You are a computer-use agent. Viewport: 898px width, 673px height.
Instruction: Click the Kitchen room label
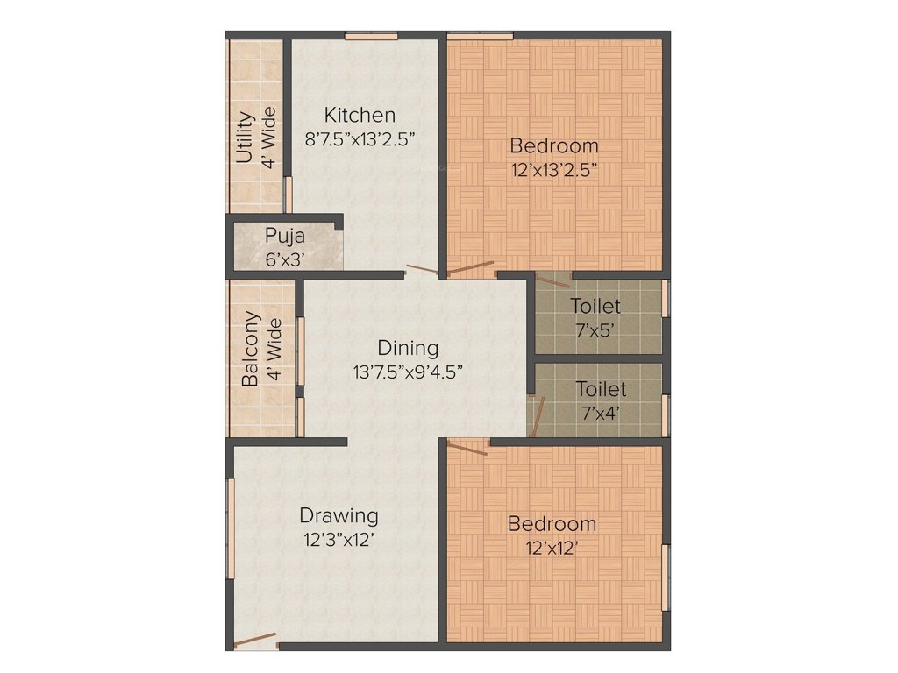click(x=360, y=115)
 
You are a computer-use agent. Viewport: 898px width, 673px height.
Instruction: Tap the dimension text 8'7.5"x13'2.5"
click(x=360, y=138)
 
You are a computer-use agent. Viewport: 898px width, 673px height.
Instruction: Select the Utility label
click(x=246, y=138)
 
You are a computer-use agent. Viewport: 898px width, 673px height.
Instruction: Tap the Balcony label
click(x=251, y=349)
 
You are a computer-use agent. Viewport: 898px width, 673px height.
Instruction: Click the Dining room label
click(x=408, y=348)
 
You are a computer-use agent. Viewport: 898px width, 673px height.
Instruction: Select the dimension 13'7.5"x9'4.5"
click(x=408, y=372)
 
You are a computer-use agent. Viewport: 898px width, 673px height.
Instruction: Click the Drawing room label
click(x=339, y=515)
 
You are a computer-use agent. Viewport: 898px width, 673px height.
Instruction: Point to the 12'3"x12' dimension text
click(x=339, y=540)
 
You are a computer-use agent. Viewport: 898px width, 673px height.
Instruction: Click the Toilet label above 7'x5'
click(x=595, y=307)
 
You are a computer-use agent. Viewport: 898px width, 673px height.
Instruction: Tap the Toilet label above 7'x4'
click(x=601, y=389)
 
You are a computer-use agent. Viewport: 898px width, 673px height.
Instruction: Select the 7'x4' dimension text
click(x=601, y=413)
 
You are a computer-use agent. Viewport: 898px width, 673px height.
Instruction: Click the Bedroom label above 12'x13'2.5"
click(x=554, y=145)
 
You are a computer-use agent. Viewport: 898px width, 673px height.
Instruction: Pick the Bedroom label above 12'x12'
click(x=552, y=524)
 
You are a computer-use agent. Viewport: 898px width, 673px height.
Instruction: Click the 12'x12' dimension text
click(x=552, y=549)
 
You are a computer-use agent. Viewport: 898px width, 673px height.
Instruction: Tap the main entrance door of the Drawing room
click(x=255, y=641)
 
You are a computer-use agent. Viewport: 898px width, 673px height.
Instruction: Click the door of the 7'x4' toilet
click(x=538, y=416)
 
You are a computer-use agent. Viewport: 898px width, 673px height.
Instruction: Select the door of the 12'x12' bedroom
click(x=467, y=449)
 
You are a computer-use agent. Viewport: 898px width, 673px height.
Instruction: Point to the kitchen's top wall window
click(x=370, y=36)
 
